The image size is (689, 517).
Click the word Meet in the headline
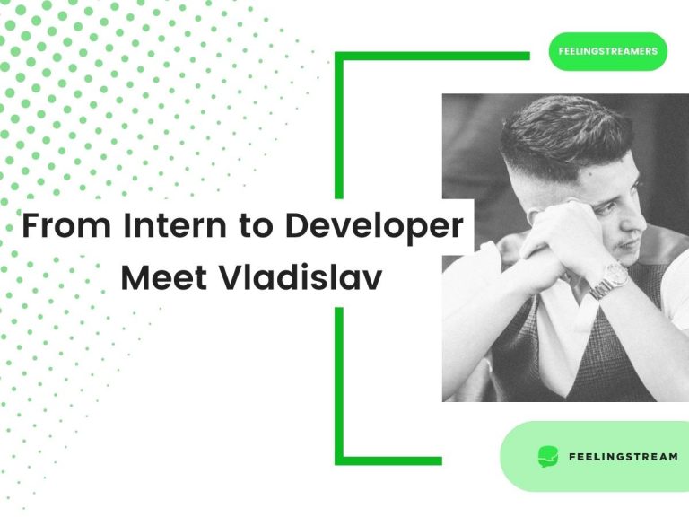pyautogui.click(x=161, y=277)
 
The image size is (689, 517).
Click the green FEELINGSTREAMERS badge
pyautogui.click(x=608, y=51)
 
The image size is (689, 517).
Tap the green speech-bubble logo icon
pyautogui.click(x=547, y=456)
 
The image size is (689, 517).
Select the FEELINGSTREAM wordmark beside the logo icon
pyautogui.click(x=624, y=457)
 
